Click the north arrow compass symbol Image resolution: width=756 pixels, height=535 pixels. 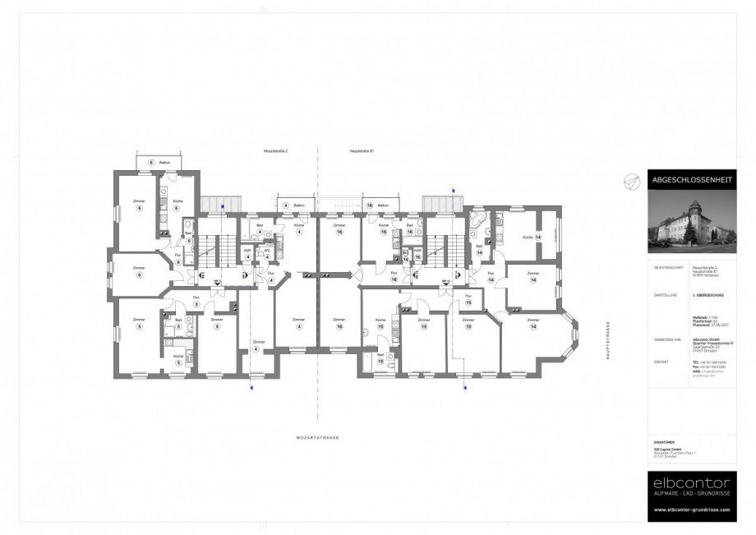pyautogui.click(x=630, y=180)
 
